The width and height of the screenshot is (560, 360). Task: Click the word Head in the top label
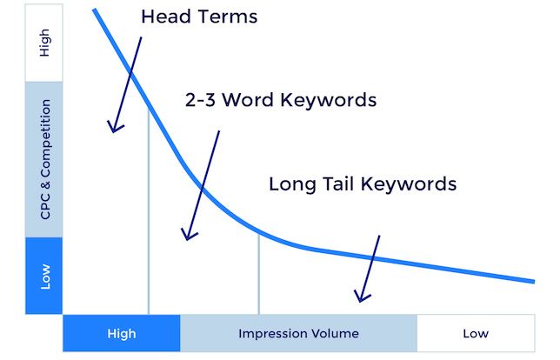pos(164,17)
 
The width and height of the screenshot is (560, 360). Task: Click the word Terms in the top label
pos(227,17)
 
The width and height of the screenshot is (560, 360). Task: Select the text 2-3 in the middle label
pos(200,100)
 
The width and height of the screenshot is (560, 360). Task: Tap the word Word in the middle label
pos(248,100)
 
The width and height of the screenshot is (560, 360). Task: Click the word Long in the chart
pos(292,185)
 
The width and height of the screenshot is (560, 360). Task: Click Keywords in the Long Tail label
pos(409,184)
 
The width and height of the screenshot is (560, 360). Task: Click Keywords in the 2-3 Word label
pos(329,100)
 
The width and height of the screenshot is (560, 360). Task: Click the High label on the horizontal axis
pos(122,334)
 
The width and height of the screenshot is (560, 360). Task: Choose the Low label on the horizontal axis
pos(476,334)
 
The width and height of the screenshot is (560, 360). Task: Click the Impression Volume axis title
pos(298,334)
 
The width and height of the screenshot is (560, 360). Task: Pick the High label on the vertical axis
pos(44,43)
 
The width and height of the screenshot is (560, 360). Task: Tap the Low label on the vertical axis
pos(45,277)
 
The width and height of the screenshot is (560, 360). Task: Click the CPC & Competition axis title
pos(45,159)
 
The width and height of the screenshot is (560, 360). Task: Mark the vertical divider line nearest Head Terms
pos(149,210)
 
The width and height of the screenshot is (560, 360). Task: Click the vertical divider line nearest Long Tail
pos(259,273)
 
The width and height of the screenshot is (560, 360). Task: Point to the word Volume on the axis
pos(334,334)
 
